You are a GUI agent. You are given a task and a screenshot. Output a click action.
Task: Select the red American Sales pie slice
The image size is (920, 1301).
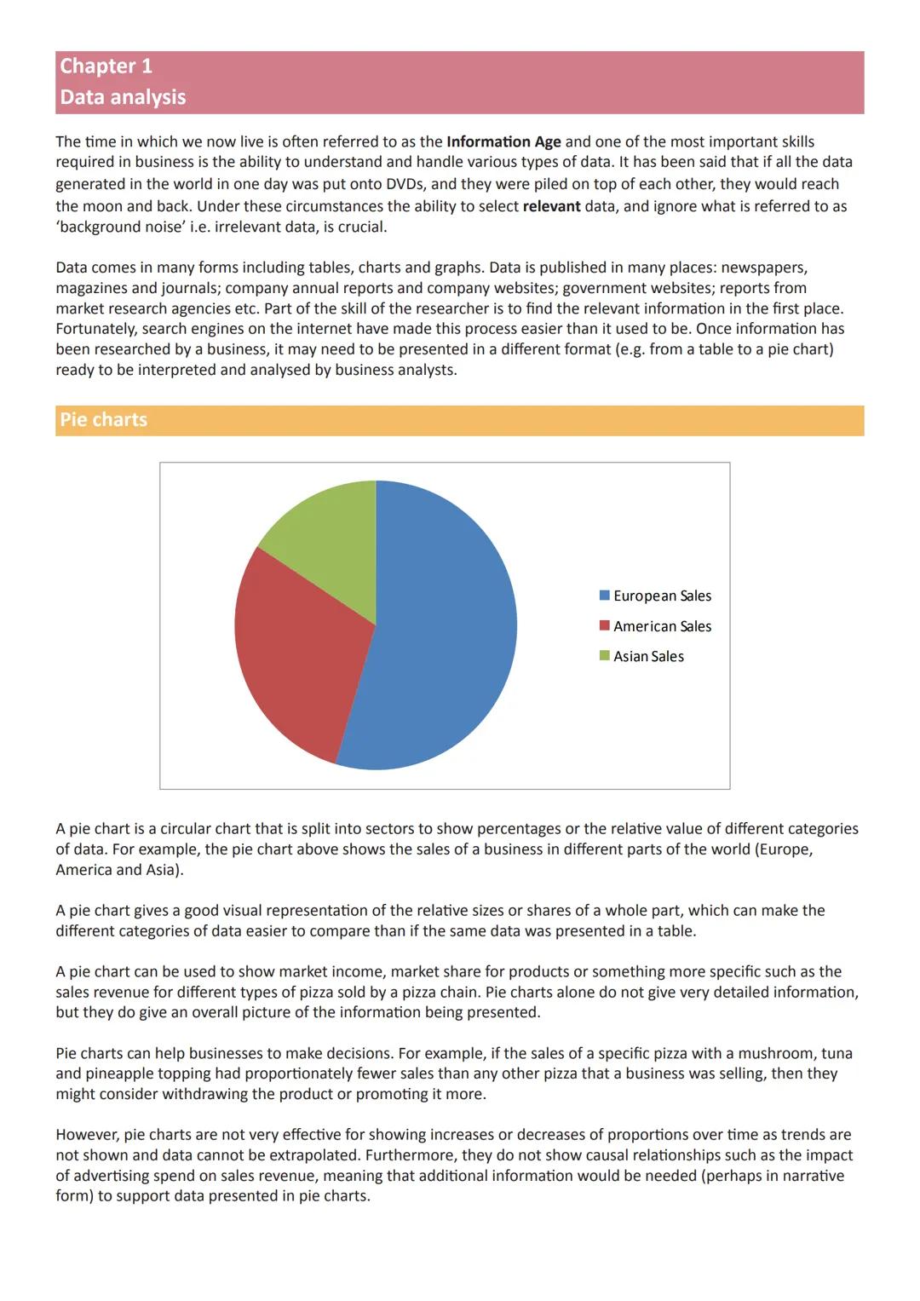298,656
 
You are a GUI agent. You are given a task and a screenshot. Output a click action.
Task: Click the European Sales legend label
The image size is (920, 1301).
662,596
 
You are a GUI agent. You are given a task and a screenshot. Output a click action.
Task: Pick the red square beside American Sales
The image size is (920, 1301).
605,626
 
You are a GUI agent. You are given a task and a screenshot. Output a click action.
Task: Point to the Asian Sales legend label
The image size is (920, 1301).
648,657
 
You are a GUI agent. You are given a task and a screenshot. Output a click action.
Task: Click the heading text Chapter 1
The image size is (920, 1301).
106,66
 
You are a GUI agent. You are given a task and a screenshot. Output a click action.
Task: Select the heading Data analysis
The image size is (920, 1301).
123,97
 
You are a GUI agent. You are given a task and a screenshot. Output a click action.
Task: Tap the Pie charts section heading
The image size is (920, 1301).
103,420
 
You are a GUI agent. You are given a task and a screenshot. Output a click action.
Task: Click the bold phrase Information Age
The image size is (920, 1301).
503,142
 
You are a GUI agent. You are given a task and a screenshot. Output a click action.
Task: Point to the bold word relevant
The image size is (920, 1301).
551,206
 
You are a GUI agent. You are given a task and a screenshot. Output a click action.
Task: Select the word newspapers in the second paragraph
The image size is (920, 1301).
763,268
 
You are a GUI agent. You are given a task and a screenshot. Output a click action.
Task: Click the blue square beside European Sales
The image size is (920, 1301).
605,596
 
